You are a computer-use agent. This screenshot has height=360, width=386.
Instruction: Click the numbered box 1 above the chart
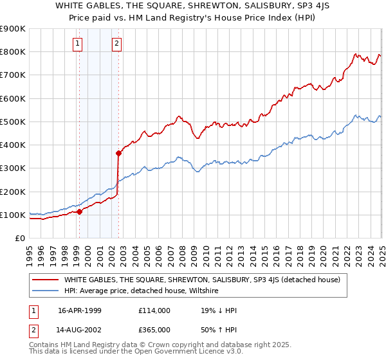(77, 44)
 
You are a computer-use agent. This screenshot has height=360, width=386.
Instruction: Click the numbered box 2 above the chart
(116, 44)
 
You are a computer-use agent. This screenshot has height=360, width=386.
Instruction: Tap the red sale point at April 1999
(79, 211)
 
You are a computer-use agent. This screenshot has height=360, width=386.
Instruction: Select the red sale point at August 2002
(118, 153)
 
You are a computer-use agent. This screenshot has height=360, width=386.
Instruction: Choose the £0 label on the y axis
(19, 238)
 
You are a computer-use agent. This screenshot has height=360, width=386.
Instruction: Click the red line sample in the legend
(44, 280)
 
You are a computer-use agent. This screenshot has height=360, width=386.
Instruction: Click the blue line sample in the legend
(44, 291)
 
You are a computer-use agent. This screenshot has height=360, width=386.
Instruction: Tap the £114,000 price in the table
(154, 310)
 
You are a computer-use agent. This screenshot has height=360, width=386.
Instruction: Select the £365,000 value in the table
(154, 329)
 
